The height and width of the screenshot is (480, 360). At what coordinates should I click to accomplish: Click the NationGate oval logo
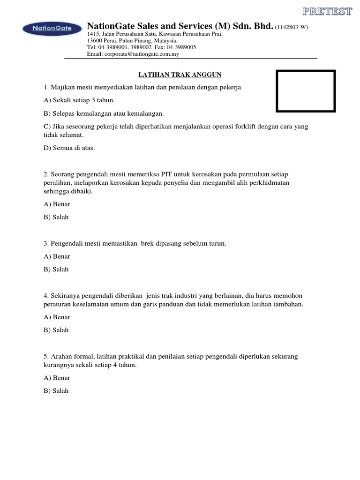coord(52,29)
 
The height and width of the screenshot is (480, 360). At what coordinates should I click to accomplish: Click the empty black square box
coord(306,90)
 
